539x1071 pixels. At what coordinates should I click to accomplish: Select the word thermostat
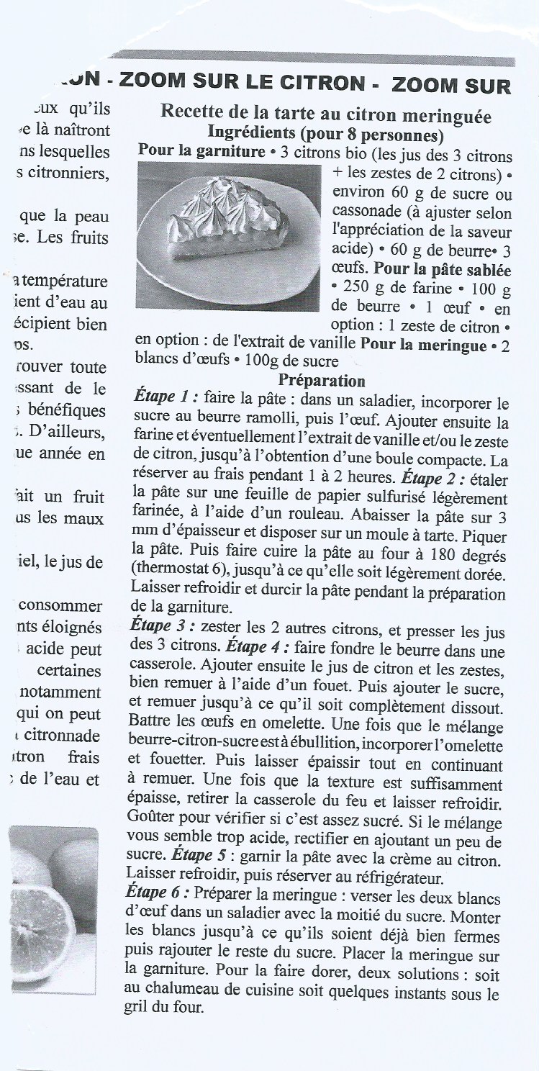pos(172,574)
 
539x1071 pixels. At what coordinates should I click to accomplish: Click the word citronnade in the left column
pos(63,736)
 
